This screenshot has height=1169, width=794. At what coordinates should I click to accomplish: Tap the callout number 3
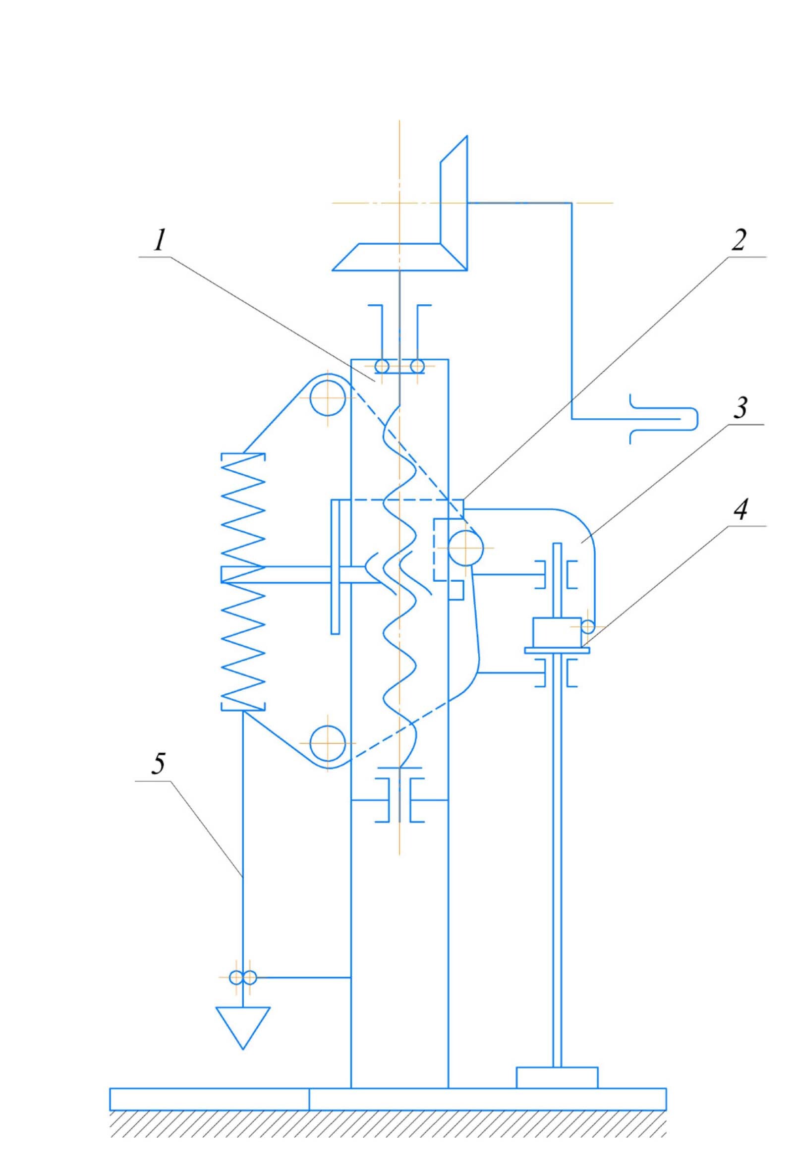click(739, 408)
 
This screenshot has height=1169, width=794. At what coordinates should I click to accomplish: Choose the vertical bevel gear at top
click(454, 201)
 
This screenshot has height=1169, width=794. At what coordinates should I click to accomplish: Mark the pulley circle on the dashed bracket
click(466, 548)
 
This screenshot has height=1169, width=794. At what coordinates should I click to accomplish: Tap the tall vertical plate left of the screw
click(335, 566)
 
